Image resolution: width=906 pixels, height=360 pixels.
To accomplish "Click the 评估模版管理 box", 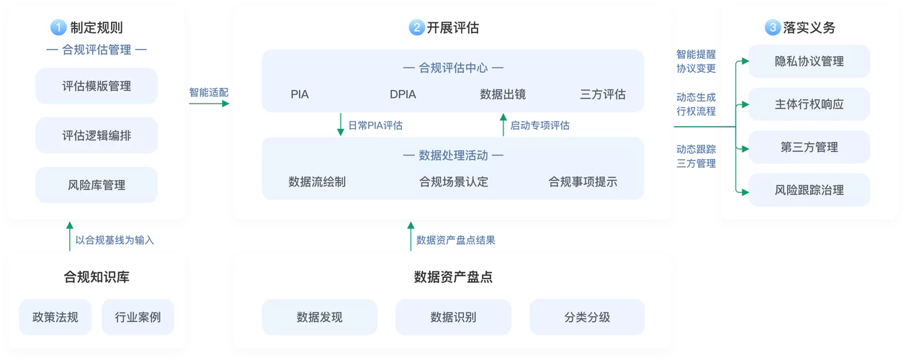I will tap(97, 86).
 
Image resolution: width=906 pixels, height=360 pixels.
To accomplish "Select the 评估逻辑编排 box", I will tap(97, 136).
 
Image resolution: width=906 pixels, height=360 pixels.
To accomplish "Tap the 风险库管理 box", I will tap(97, 185).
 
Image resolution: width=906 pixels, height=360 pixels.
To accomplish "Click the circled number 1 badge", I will tap(58, 28).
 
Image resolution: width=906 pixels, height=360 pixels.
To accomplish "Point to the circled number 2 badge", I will tap(416, 28).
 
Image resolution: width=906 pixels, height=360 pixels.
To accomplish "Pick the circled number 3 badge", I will tap(772, 28).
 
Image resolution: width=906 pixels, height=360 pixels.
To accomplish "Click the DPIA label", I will tap(403, 94).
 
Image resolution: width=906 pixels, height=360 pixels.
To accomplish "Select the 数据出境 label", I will tap(503, 94).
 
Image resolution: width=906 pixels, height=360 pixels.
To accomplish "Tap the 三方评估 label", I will tap(603, 94).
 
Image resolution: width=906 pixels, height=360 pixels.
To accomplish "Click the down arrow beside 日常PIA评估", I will tap(341, 125).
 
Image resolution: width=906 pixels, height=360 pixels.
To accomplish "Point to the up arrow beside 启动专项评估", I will tap(503, 125).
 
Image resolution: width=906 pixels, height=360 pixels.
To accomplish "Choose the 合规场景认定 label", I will tap(454, 181).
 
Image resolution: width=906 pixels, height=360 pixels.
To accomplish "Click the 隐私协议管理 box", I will tap(809, 62).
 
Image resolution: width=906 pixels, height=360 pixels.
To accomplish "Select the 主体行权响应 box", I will tap(809, 104).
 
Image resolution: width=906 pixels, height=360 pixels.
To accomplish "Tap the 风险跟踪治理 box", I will tap(809, 190).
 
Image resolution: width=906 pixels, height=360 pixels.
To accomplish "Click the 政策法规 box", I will tap(55, 317).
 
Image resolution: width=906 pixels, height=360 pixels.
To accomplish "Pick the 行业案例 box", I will tap(137, 317).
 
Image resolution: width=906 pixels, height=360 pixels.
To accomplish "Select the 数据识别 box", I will tap(453, 317).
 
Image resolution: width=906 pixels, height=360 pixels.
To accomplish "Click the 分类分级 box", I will tap(587, 317).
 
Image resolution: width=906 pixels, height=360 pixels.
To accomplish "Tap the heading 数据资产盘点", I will tap(453, 277).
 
